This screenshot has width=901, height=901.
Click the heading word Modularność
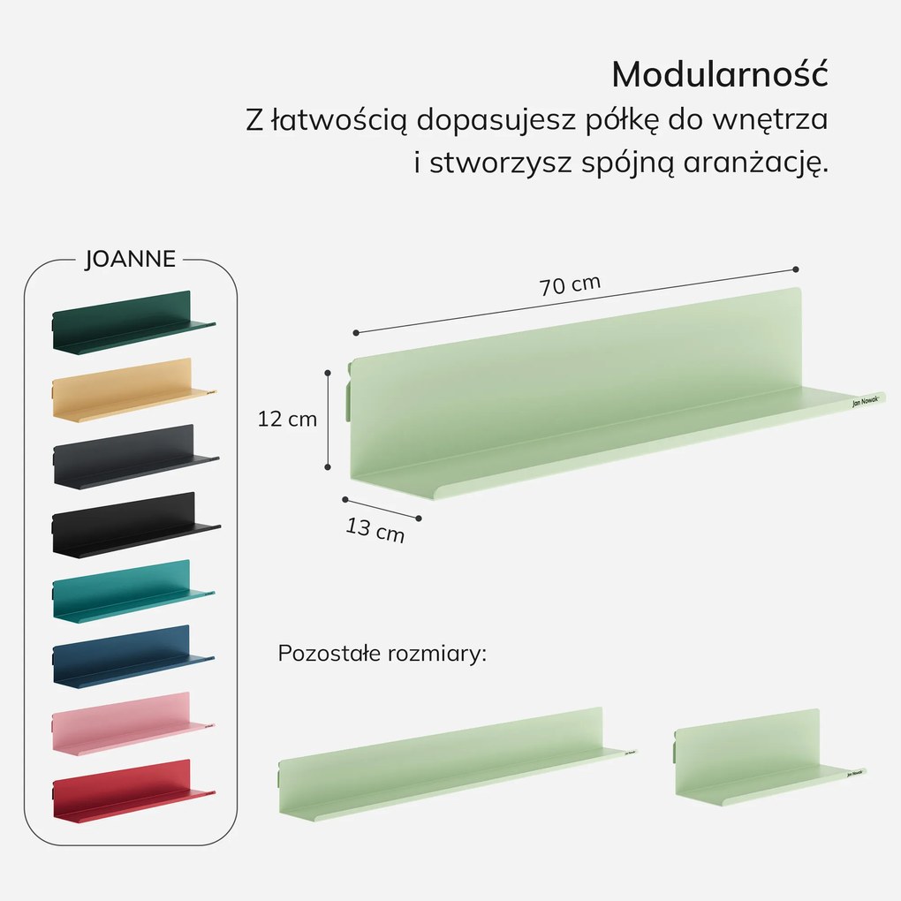720,75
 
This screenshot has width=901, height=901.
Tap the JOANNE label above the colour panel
130,259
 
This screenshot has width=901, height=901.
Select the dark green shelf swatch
132,323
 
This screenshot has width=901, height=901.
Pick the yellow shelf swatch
132,390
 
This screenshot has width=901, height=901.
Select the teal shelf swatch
132,591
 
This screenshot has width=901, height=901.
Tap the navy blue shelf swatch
132,657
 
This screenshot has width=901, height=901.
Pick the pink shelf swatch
132,723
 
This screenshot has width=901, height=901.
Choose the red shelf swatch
132,791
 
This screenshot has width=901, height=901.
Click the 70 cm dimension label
570,285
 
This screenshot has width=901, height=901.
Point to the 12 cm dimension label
287,420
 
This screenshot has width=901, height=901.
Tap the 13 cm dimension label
375,530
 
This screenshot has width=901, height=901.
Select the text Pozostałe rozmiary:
382,654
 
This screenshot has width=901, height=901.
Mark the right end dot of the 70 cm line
796,269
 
